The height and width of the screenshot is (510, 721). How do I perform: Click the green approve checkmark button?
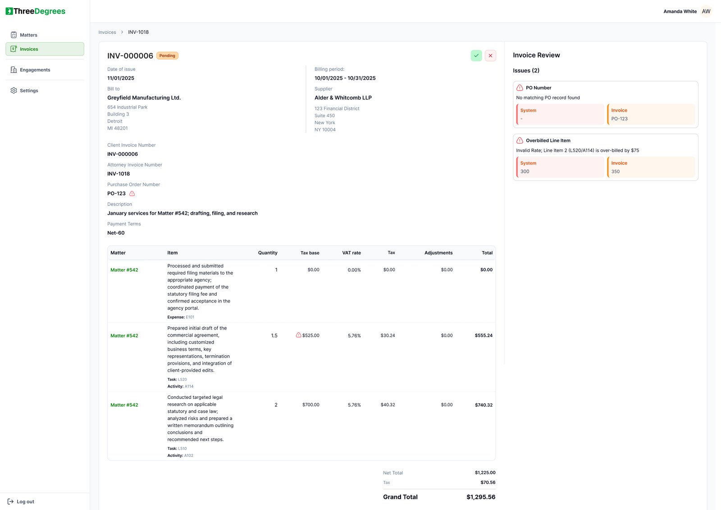coord(476,55)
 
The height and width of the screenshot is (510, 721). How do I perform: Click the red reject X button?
coord(490,55)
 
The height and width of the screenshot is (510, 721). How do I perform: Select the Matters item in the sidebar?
coord(28,35)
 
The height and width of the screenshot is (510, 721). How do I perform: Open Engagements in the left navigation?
coord(35,70)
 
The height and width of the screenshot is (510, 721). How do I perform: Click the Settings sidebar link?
coord(29,90)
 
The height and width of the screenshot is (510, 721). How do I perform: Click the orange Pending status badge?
coord(167,56)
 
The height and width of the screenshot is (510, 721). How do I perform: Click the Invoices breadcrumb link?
coord(107,32)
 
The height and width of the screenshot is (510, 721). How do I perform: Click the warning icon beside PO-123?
coord(132,194)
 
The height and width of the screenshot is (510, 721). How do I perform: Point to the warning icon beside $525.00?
coord(298,335)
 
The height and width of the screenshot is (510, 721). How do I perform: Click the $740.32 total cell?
coord(484,405)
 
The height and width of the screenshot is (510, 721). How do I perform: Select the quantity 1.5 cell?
coord(274,336)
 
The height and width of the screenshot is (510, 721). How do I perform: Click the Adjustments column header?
coord(438,253)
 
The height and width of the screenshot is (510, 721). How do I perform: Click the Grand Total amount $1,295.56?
coord(480,497)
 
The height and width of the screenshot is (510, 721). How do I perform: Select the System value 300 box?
coord(560,167)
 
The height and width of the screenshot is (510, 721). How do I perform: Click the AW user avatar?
coord(706,11)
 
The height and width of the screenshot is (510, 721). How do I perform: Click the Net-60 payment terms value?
coord(116,233)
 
